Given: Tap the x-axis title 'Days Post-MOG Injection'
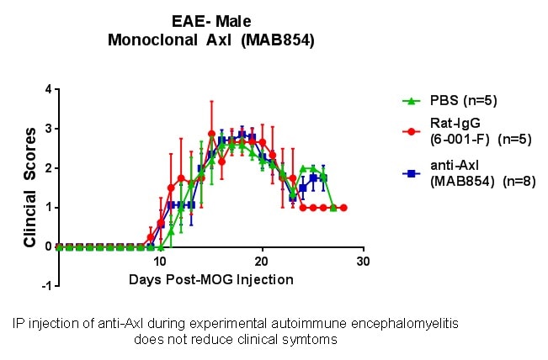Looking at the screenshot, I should click(211, 279).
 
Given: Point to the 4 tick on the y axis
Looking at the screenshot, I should click(49, 89).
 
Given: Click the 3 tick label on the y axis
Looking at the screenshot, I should click(49, 129).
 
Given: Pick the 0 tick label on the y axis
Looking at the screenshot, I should click(49, 246).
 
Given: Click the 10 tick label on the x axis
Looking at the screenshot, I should click(160, 262).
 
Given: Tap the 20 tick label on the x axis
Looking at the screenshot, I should click(262, 262).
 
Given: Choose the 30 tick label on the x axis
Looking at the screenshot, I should click(363, 262).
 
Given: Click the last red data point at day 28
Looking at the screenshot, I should click(343, 207).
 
